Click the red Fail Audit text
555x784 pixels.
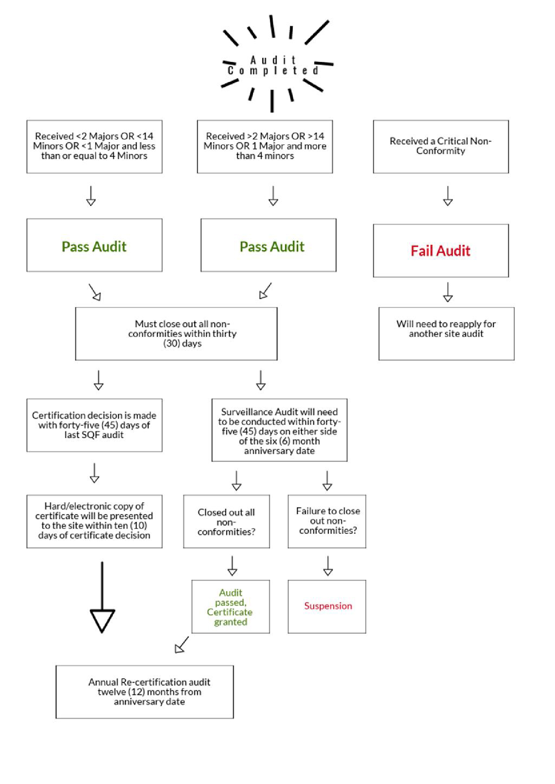[440, 251]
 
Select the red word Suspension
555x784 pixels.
[328, 606]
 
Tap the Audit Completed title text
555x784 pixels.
[273, 65]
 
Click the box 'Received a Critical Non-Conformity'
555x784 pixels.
[441, 147]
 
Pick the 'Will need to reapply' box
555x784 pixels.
[446, 334]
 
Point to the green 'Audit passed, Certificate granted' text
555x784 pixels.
[230, 607]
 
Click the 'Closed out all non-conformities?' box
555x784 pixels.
[226, 522]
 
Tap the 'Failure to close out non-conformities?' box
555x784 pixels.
[327, 521]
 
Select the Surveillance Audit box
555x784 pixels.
[279, 430]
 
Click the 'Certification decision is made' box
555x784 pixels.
[94, 425]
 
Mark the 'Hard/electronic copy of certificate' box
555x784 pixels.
[94, 521]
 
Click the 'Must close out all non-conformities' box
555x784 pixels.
[176, 334]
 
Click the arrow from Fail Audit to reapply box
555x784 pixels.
[448, 292]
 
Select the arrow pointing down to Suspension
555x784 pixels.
[328, 566]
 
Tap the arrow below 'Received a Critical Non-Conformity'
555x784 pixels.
[448, 196]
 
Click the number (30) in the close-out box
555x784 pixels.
[172, 344]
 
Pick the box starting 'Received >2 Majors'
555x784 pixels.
[265, 147]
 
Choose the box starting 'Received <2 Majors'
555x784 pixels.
[94, 147]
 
